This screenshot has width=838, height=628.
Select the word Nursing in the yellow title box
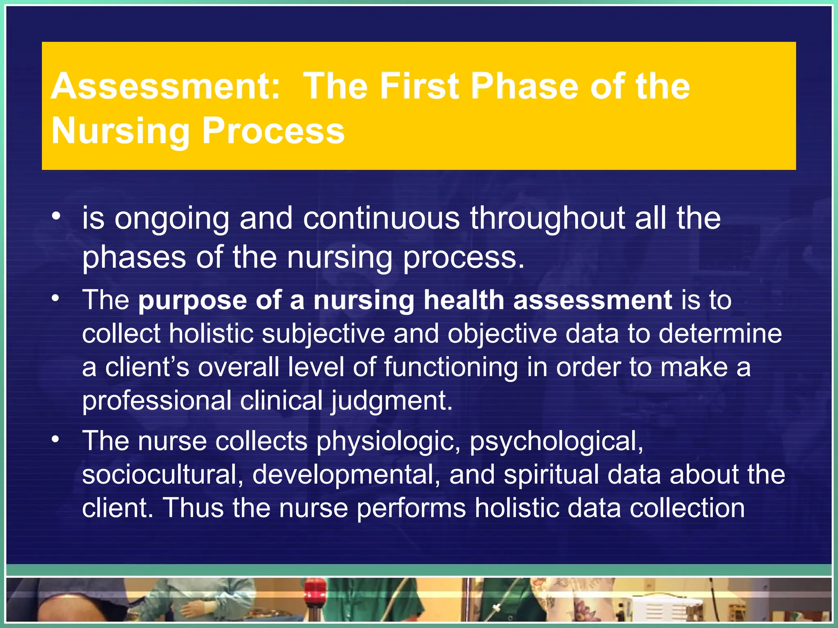(120, 131)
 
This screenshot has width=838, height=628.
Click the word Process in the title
(273, 131)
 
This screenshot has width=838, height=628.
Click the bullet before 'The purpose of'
(56, 298)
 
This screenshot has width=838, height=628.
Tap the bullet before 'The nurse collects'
(56, 440)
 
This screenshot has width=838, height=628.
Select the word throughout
(547, 219)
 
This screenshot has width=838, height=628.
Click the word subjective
(323, 334)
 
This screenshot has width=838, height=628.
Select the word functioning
(451, 368)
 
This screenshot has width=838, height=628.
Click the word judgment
(392, 401)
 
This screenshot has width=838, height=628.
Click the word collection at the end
(687, 508)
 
